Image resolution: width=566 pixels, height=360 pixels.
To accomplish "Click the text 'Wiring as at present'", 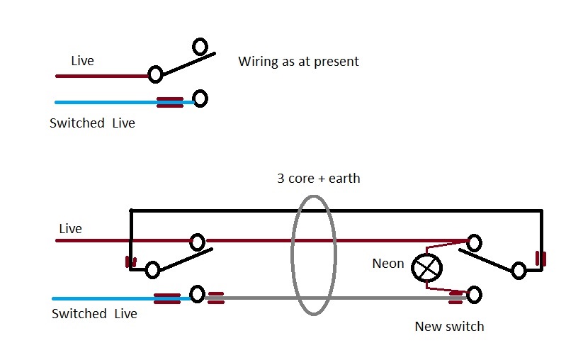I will tap(298, 62).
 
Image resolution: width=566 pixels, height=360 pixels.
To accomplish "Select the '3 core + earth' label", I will tap(318, 179).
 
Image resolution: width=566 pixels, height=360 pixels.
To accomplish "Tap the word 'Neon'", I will tap(387, 264).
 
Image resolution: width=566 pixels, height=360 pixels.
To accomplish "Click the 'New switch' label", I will tap(449, 327).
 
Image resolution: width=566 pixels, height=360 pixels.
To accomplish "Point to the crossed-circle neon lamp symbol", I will tap(427, 268).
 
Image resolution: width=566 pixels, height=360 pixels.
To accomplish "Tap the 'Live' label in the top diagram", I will tap(82, 61).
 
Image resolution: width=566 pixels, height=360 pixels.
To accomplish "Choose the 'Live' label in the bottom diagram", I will tap(70, 229).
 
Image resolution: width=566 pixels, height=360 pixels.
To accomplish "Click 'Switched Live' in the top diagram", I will tap(92, 123).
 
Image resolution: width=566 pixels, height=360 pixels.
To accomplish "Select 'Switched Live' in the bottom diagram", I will tap(94, 314).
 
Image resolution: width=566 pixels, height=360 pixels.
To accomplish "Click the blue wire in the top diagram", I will tap(106, 103).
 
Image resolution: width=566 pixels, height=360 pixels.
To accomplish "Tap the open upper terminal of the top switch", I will tap(200, 47).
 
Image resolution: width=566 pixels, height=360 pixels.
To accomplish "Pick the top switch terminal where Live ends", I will tap(154, 73).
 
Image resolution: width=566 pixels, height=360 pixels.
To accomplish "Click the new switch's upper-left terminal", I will tap(474, 242).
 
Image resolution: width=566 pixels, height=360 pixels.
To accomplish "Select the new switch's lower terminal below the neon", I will tap(474, 293).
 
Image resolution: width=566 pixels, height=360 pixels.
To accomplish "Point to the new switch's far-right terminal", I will tap(519, 270).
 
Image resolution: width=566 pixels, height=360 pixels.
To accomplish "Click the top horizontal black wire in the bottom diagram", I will tap(333, 210).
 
